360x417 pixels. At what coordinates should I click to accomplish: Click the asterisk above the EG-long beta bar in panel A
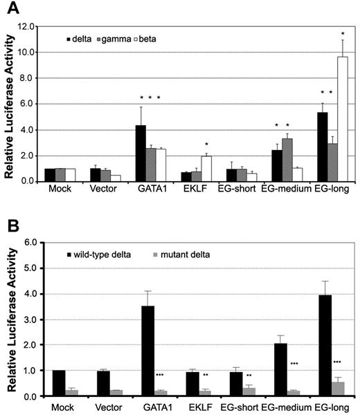point(341,34)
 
